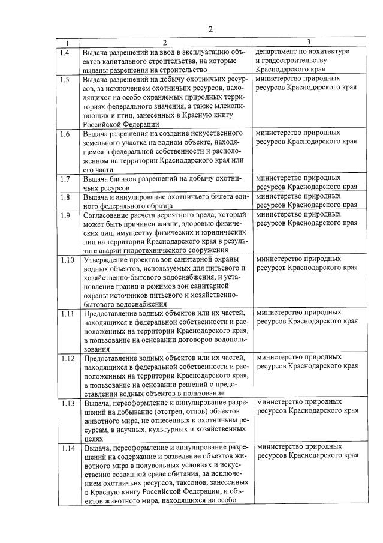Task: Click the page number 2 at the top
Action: (x=210, y=29)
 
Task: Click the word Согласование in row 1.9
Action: (x=108, y=214)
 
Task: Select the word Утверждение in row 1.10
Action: (x=108, y=259)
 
